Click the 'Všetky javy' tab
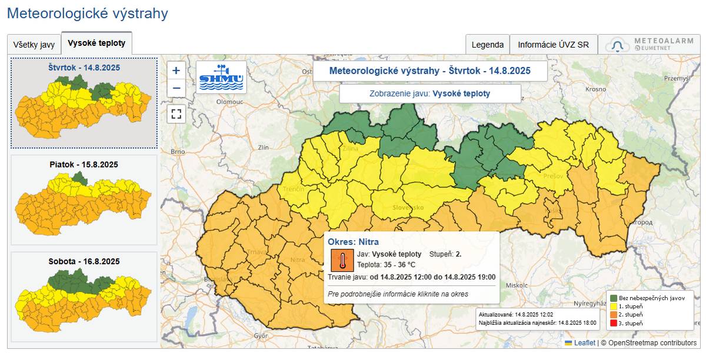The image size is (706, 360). (34, 45)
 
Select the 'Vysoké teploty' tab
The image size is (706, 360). (96, 44)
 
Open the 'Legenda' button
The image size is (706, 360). (487, 45)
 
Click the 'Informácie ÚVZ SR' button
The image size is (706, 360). (553, 45)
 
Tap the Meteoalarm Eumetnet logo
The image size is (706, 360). (650, 45)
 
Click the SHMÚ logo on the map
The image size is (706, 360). (221, 77)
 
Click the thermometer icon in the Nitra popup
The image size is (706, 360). (342, 259)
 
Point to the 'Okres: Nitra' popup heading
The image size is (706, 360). (353, 242)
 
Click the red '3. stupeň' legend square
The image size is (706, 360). (614, 324)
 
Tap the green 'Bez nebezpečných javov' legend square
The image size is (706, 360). (614, 298)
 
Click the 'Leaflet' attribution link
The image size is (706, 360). (585, 343)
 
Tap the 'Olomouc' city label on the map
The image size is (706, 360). (230, 101)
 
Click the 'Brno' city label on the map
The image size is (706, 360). (178, 151)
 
